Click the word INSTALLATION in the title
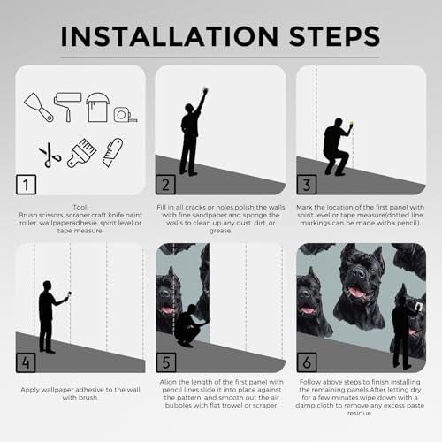tap(170, 36)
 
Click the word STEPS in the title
tap(335, 36)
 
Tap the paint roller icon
tap(68, 106)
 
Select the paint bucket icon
tap(97, 107)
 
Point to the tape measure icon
tap(126, 115)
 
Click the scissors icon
tap(50, 155)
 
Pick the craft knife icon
tap(112, 152)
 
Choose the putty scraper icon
tap(39, 108)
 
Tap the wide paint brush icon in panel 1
tap(81, 153)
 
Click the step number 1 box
tap(27, 185)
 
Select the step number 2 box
tap(165, 185)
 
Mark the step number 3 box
tap(307, 185)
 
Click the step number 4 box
tap(26, 362)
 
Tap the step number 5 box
tap(166, 362)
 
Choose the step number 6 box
tap(307, 362)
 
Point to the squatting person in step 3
tap(336, 148)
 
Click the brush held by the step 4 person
tap(70, 294)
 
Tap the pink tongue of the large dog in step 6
tap(357, 293)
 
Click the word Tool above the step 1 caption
tap(80, 207)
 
